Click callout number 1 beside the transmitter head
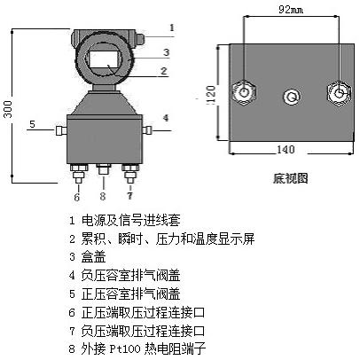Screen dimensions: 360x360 coord(171,27)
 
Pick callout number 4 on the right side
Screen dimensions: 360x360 coord(165,117)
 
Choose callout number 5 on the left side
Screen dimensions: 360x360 coord(31,124)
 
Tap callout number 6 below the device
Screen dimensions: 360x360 coord(76,196)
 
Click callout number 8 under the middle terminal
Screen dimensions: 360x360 coord(103,196)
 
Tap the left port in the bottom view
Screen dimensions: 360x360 coord(243,92)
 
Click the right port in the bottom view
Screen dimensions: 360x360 coord(336,92)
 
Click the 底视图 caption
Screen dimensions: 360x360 coord(290,178)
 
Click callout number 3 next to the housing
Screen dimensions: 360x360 coord(165,52)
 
